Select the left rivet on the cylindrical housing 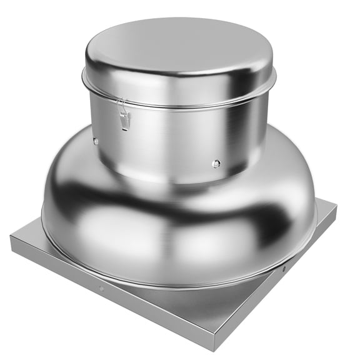96,141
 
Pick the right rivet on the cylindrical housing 216,164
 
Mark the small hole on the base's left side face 101,289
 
